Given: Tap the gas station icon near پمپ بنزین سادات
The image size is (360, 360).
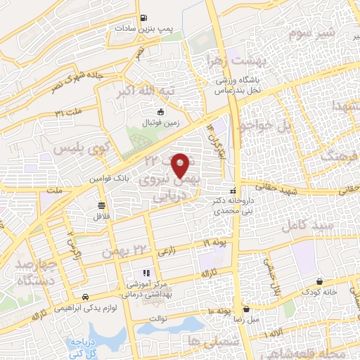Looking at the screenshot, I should click(143, 18).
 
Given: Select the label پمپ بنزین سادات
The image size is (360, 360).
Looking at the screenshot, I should click(144, 29).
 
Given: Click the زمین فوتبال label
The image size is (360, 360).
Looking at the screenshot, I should click(162, 122).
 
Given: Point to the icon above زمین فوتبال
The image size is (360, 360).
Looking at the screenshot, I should click(161, 112).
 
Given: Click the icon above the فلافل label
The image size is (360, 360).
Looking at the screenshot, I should click(102, 205).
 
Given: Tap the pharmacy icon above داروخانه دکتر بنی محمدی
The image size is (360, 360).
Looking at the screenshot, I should click(232, 191).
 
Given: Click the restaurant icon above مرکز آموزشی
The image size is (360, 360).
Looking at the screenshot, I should click(146, 272).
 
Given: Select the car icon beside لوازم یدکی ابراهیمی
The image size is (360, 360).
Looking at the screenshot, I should click(85, 297).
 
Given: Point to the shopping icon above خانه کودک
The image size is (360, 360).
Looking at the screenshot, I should click(320, 281).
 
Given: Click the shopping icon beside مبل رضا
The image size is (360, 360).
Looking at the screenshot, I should click(246, 308).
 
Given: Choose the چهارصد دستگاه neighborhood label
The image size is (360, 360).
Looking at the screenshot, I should click(28, 273).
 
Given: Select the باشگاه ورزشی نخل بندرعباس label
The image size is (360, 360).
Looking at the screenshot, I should click(247, 86).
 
